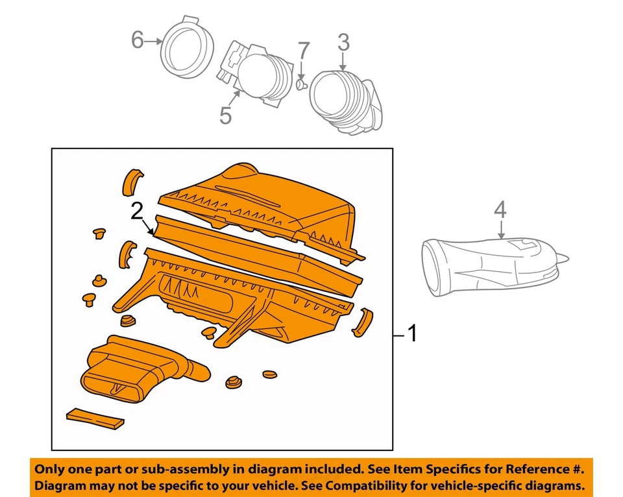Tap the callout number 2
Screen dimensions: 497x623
pyautogui.click(x=137, y=211)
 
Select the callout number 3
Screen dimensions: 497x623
pyautogui.click(x=343, y=43)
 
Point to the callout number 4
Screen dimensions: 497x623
pyautogui.click(x=500, y=210)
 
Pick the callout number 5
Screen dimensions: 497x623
pyautogui.click(x=225, y=115)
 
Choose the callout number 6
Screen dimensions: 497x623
pyautogui.click(x=137, y=40)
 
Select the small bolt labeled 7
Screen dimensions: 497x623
pyautogui.click(x=301, y=84)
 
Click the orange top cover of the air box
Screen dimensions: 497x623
pyautogui.click(x=260, y=195)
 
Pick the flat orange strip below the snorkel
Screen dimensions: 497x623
pyautogui.click(x=95, y=418)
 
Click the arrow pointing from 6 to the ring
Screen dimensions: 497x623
pyautogui.click(x=153, y=41)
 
